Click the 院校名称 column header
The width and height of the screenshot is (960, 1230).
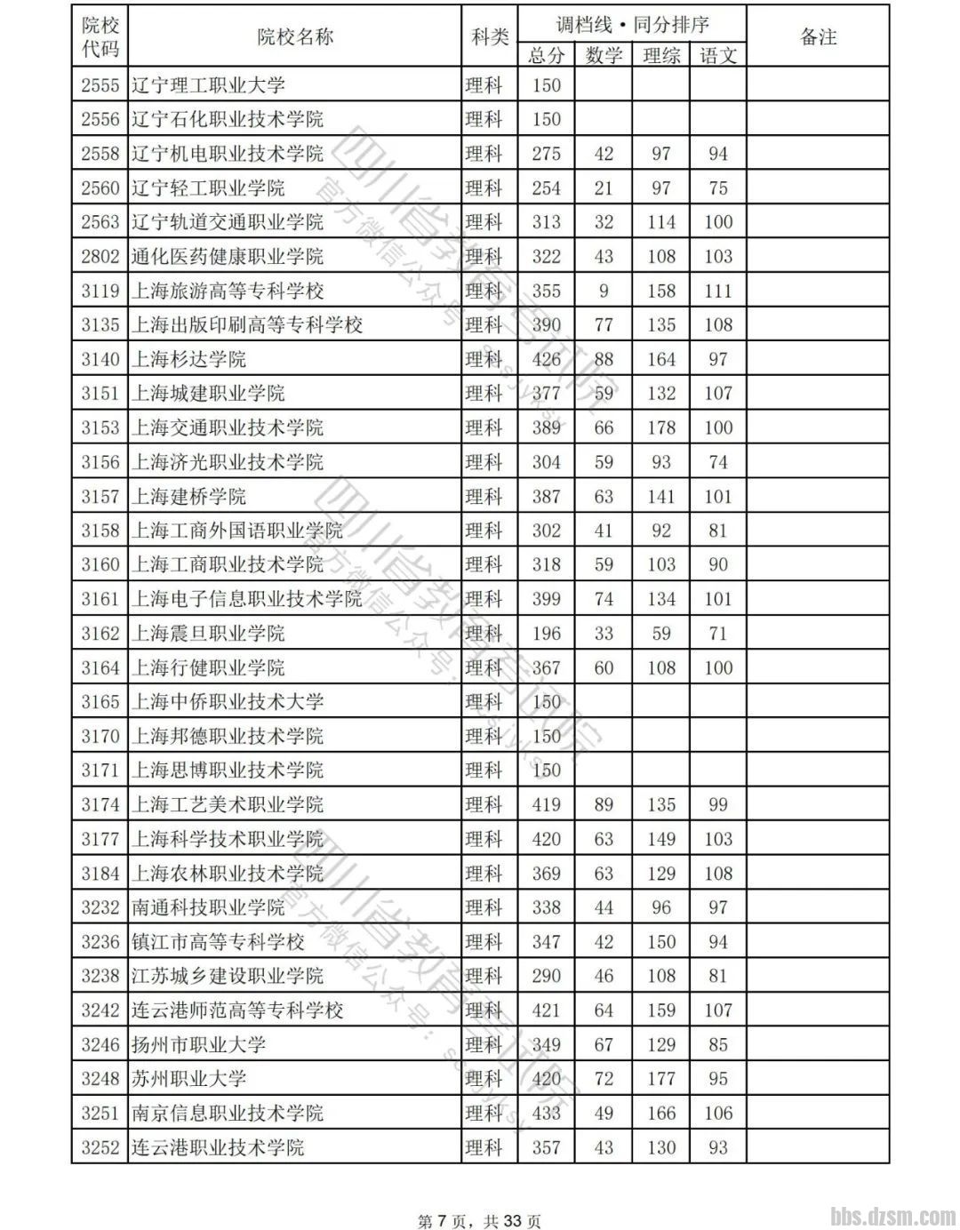click(294, 36)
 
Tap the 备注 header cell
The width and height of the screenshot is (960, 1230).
click(818, 36)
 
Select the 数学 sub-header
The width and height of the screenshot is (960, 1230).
click(604, 55)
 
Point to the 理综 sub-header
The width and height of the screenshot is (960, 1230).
click(660, 55)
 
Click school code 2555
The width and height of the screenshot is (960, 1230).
click(100, 85)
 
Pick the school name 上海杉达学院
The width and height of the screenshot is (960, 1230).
click(188, 359)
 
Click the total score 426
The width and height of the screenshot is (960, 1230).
click(546, 359)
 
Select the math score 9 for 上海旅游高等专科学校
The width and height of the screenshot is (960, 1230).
click(604, 291)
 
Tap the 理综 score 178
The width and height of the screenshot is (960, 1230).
click(660, 427)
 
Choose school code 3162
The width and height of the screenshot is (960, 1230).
click(100, 634)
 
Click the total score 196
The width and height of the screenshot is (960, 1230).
click(546, 634)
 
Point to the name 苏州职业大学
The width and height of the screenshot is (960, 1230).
click(188, 1079)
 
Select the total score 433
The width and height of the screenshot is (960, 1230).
click(546, 1113)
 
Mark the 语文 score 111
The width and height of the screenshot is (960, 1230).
click(718, 291)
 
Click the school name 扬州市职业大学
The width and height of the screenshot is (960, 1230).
click(198, 1044)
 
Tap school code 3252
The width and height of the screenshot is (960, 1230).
click(100, 1147)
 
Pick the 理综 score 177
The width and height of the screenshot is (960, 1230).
click(660, 1079)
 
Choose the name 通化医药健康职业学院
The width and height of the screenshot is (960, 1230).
click(228, 257)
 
